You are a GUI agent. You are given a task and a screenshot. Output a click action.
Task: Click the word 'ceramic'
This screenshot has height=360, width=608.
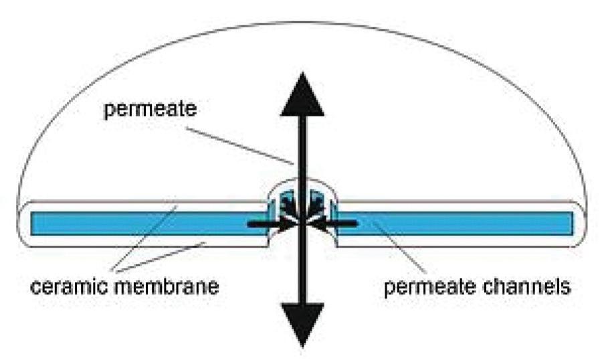[69, 288]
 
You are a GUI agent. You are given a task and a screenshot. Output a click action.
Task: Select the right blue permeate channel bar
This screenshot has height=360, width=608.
[462, 221]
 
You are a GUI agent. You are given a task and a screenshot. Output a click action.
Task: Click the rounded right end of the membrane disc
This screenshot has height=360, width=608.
[582, 221]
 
